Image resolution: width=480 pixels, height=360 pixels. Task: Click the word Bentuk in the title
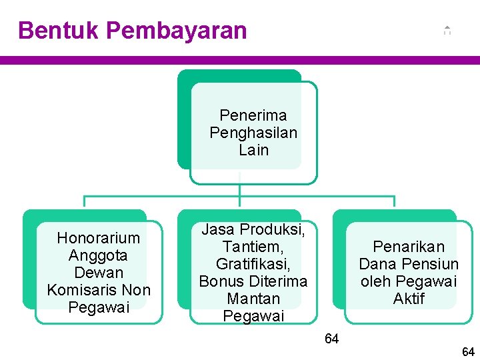tap(58, 31)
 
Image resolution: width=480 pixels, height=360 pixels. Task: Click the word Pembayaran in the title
tap(176, 31)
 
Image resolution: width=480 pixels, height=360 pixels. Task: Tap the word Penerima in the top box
tap(253, 115)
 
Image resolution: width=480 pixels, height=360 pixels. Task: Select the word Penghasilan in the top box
tap(253, 133)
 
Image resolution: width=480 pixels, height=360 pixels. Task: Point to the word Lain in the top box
tap(253, 150)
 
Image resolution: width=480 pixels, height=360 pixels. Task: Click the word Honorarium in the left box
tap(99, 238)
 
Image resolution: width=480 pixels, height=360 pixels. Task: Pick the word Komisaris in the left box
tap(77, 290)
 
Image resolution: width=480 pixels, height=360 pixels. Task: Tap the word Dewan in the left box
tap(99, 273)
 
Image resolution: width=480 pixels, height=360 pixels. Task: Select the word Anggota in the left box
tap(99, 255)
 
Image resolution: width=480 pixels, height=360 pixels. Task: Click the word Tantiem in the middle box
tap(252, 247)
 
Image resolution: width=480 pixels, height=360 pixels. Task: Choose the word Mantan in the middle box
tap(253, 299)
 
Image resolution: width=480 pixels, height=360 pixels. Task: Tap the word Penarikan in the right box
tap(408, 247)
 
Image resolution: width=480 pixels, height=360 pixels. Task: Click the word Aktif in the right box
tap(408, 299)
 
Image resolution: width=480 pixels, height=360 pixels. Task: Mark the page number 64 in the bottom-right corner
tap(468, 351)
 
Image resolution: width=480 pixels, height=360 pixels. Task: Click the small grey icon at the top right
tap(447, 31)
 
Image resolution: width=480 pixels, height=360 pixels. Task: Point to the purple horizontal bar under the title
tap(240, 60)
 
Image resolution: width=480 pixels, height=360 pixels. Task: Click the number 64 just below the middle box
tap(331, 339)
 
